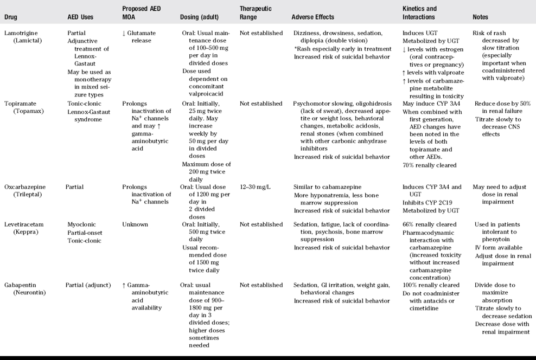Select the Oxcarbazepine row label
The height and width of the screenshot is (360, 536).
click(26, 187)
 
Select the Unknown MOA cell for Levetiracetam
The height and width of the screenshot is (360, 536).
click(135, 224)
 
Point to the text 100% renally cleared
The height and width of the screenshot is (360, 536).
click(431, 285)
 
